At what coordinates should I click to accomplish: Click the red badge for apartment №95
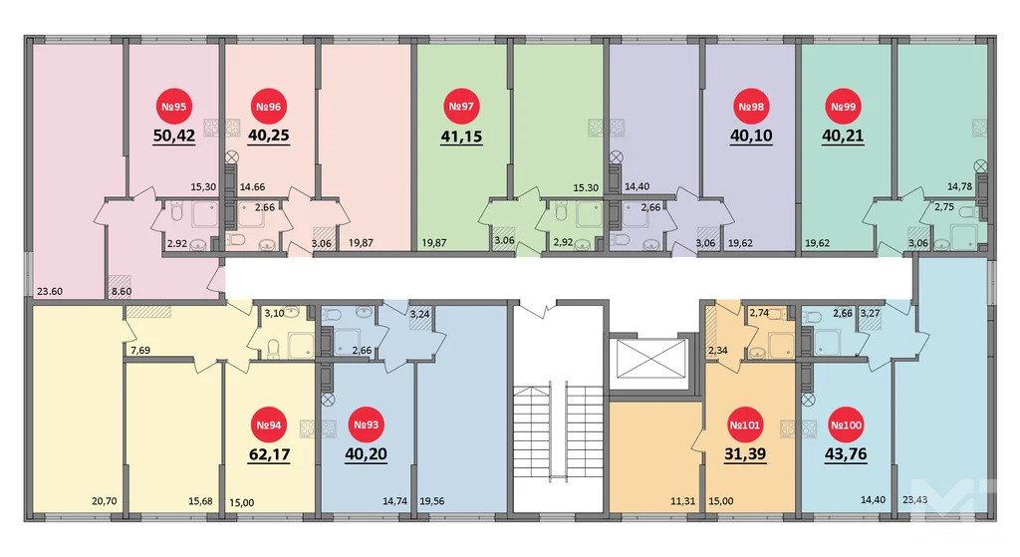point(173,107)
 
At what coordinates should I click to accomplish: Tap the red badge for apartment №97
point(460,107)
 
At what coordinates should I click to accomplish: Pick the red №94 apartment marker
point(270,425)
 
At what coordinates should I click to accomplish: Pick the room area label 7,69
point(139,349)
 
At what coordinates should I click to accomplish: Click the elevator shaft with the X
point(646,359)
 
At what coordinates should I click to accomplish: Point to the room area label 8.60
point(122,291)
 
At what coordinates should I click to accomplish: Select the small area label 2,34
point(718,349)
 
